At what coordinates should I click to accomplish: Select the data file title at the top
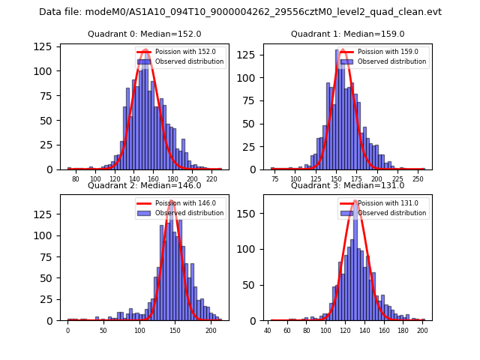click(240, 12)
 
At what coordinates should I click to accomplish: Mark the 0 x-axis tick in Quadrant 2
click(67, 331)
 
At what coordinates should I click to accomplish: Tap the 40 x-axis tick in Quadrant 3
click(268, 331)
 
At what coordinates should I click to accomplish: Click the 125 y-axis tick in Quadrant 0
click(48, 46)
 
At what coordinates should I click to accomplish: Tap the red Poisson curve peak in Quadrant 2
click(172, 201)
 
